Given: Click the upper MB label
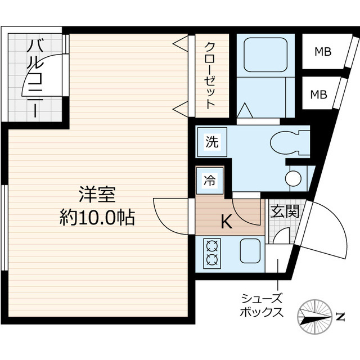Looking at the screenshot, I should pos(322,53).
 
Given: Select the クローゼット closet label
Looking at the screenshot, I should pos(209,75).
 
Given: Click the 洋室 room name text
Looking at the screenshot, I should pos(97,195).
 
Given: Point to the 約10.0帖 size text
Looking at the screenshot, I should pos(97,217).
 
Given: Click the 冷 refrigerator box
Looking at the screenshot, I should pos(209,181).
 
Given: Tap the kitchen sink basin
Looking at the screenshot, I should pos(251,250).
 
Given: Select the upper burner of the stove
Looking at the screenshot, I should pos(213,245).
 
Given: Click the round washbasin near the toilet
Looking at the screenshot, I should pos(293,178).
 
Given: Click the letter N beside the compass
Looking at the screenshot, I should pos(340,317).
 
